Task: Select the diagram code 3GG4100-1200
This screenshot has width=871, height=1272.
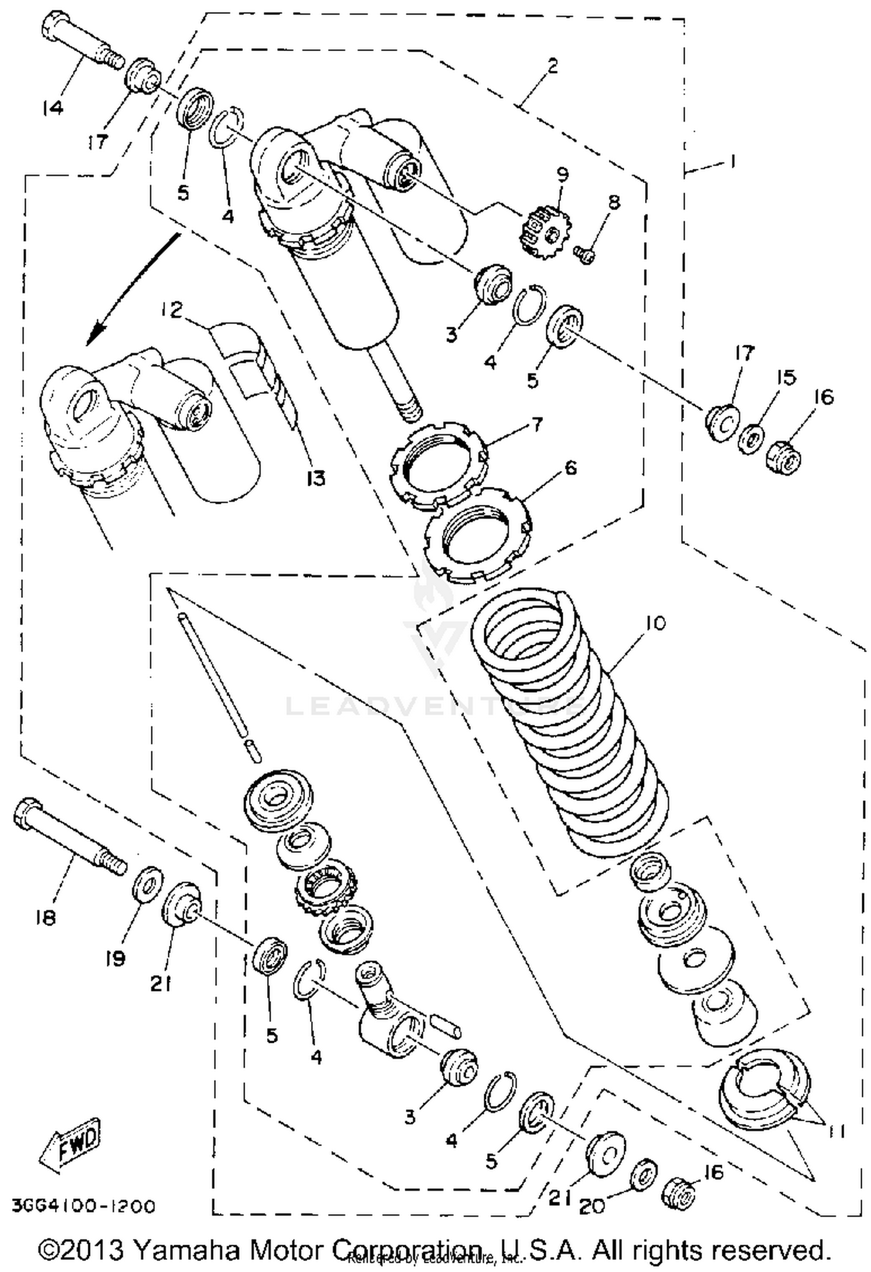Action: pyautogui.click(x=84, y=1207)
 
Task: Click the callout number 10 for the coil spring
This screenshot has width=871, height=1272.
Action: pyautogui.click(x=655, y=623)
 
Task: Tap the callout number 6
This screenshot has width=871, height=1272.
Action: pyautogui.click(x=570, y=467)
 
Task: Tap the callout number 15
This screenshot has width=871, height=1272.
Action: pyautogui.click(x=786, y=378)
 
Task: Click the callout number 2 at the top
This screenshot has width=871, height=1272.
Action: pyautogui.click(x=552, y=67)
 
